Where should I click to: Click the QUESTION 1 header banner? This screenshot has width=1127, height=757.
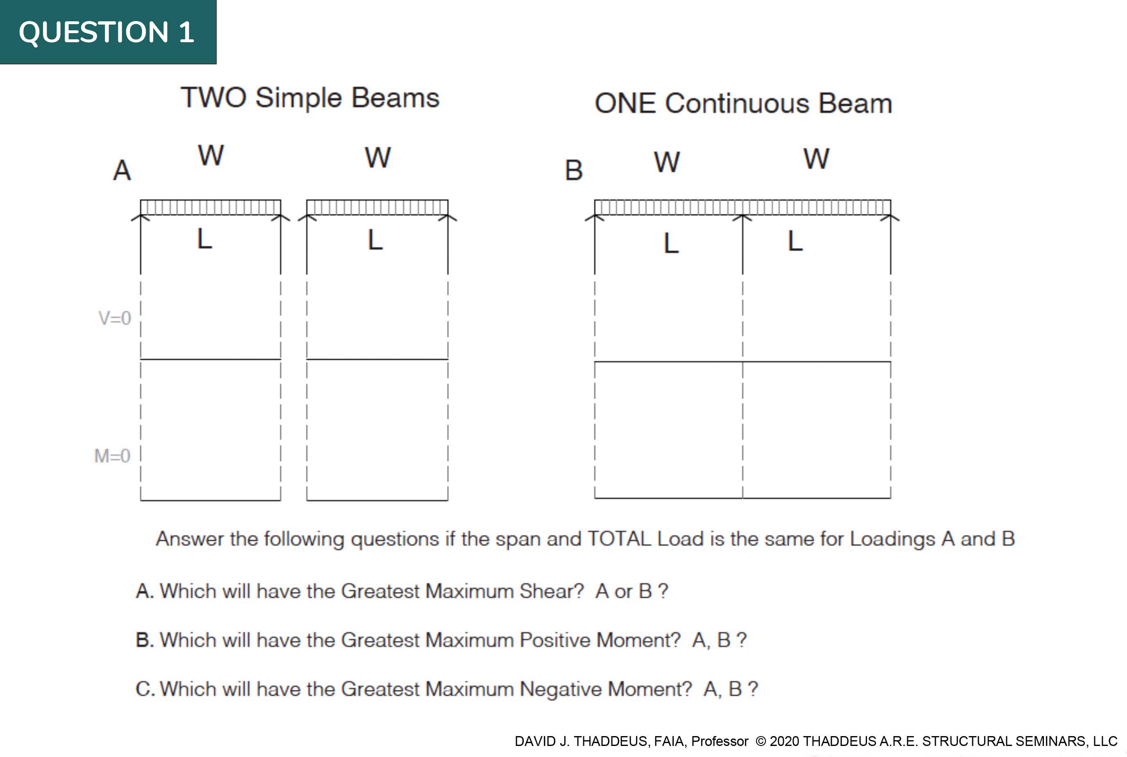pos(108,32)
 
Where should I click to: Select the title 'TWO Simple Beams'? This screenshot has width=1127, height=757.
pos(310,98)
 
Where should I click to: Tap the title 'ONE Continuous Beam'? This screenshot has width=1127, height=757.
pos(743,103)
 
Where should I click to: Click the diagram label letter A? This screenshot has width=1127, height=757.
pos(122,170)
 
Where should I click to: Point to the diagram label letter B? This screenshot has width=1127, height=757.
pos(574,170)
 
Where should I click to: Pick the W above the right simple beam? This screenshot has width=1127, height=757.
pos(378,157)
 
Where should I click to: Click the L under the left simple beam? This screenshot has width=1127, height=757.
pos(205,238)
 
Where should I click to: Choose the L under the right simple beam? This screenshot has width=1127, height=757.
pos(376,240)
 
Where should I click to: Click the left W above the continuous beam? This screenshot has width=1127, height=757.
pos(667,162)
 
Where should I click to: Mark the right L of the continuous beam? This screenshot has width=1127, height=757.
pos(795,241)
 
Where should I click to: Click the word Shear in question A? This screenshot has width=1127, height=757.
pos(552,591)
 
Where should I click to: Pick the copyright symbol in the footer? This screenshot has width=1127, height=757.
pos(760,741)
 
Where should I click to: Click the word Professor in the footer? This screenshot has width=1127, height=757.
pos(720,741)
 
